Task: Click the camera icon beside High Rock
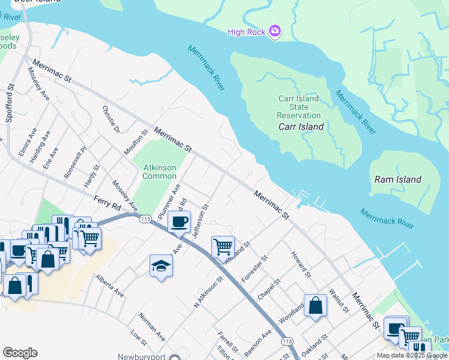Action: click(276, 31)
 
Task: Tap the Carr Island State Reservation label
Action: click(299, 107)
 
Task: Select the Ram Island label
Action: click(397, 179)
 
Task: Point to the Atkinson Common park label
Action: click(159, 172)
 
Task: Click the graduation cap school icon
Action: click(161, 266)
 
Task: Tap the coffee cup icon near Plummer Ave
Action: click(179, 221)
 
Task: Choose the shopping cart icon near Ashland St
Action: click(223, 246)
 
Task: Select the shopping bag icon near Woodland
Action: click(315, 305)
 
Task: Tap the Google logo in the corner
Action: click(20, 353)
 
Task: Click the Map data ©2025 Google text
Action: click(412, 355)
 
